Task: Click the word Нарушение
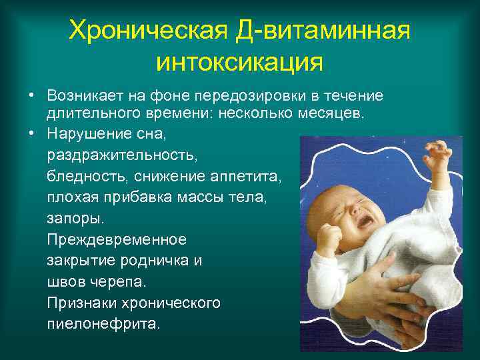pos(85,134)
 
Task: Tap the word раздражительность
pos(113,155)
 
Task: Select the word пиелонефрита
pos(103,325)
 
